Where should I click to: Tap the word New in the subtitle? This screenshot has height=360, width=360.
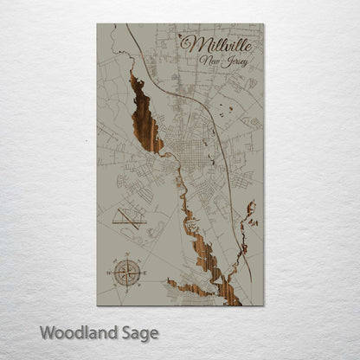[209, 61]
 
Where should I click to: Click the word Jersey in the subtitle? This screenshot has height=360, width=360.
[231, 62]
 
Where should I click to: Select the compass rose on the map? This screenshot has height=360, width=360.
[125, 273]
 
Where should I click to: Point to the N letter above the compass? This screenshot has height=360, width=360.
[125, 255]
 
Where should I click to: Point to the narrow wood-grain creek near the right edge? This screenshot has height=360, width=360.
[250, 215]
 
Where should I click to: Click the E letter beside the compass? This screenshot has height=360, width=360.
[143, 273]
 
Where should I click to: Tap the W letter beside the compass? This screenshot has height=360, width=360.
[109, 273]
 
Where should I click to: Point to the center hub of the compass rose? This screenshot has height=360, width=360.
[125, 273]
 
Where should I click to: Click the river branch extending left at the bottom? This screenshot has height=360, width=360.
[186, 286]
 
